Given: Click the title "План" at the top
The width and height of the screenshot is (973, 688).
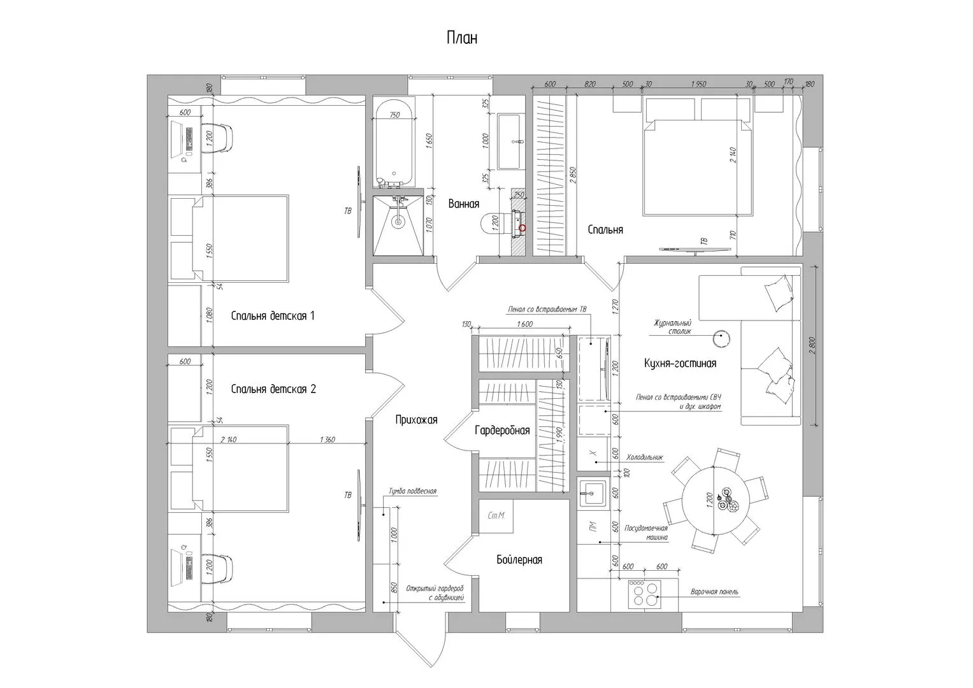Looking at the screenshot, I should click(462, 38).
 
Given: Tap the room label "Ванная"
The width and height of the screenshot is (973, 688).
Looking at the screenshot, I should click(463, 204).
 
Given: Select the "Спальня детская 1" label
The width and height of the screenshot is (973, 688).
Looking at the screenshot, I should click(273, 315).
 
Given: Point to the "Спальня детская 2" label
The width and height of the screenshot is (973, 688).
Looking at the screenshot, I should click(273, 389).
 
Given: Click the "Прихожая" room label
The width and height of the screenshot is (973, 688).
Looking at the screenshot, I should click(416, 419).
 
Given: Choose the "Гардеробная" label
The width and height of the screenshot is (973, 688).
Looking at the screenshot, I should click(502, 431).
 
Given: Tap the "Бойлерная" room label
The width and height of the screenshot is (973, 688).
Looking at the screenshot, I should click(519, 560).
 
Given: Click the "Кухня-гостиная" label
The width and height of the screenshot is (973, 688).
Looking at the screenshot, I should click(680, 363).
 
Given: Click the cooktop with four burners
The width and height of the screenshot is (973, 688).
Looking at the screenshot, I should click(644, 594).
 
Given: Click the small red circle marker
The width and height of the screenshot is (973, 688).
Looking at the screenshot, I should click(523, 227).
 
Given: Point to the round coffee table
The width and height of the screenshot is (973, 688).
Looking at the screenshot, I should click(721, 338).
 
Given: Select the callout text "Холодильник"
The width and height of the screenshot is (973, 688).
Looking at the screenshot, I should click(644, 457).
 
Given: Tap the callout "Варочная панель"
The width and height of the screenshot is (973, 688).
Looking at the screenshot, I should click(714, 592).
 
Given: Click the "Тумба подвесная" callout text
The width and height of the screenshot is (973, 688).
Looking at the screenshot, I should click(412, 491).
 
